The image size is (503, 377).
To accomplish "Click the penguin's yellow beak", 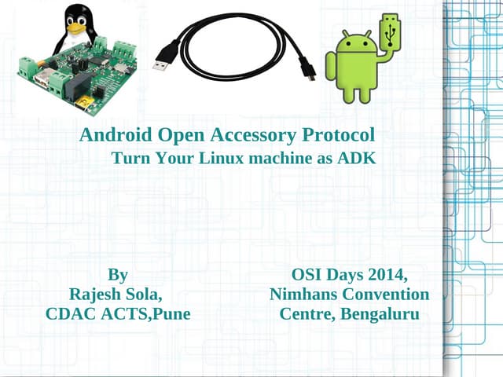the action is point(77,29).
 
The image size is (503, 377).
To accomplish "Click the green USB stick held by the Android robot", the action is point(390,31).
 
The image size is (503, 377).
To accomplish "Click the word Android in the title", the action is point(116,135).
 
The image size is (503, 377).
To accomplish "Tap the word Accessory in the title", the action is point(253,135).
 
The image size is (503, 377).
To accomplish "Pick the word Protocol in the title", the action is point(339,135).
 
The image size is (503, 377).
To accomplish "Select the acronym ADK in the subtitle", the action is point(357,158).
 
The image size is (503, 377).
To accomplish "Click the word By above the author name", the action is point(118,275).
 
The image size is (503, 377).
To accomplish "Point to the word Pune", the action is point(171,313).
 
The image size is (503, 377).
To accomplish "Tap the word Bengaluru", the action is point(380,314).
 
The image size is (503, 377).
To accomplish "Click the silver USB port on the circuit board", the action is point(42,78).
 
